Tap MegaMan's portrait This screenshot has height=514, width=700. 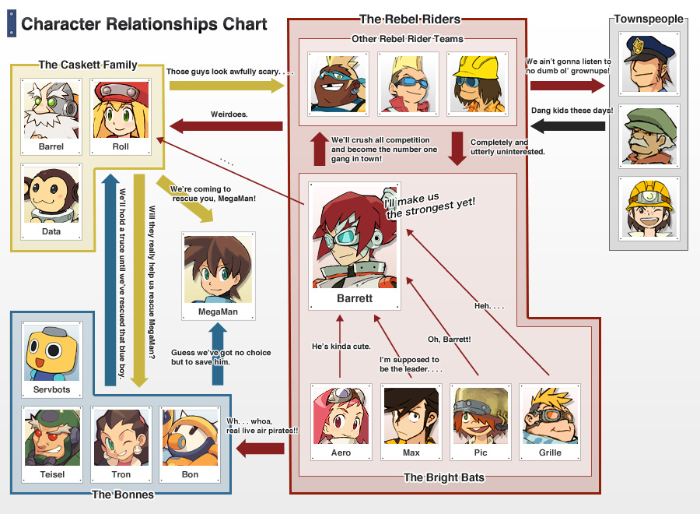coord(218,269)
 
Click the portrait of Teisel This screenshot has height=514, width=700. coord(52,436)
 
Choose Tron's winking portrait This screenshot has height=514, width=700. coord(121,436)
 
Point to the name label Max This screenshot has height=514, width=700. coord(411,452)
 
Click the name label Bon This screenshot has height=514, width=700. coord(190,474)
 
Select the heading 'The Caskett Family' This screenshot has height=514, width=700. coord(88,65)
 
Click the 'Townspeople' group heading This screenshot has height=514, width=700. coord(648,19)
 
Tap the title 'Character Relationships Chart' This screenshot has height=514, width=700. coord(144,23)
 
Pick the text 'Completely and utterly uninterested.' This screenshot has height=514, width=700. coord(507,147)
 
